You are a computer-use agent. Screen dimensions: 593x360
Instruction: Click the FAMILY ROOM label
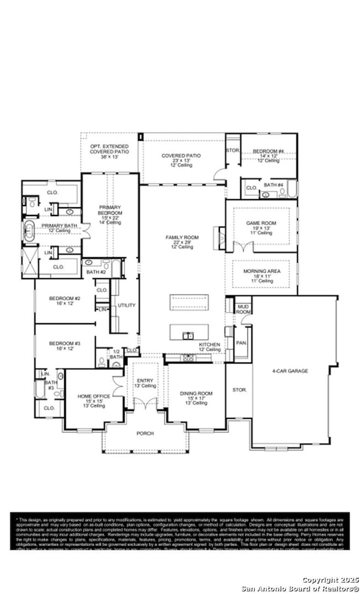tap(182, 237)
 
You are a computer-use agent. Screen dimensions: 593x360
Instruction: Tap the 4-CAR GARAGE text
tap(290, 371)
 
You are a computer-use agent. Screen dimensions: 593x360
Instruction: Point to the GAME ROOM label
tap(261, 223)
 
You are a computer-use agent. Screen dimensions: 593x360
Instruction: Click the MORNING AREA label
tap(262, 271)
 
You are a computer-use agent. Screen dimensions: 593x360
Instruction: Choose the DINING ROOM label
tap(193, 393)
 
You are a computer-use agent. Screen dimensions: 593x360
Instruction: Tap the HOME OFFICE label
tap(94, 396)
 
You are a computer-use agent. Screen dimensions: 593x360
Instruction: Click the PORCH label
tap(145, 433)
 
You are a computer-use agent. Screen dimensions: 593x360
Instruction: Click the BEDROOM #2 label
tap(64, 299)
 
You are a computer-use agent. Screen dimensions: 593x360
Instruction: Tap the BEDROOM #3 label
tap(64, 344)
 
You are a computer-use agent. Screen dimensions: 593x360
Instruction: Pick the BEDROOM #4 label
tap(268, 151)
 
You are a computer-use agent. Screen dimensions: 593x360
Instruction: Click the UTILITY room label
tap(126, 305)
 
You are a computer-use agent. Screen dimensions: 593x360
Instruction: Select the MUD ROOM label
tap(243, 309)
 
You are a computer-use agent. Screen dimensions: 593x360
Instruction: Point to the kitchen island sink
tap(189, 335)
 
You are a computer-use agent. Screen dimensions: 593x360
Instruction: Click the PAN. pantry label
tap(241, 343)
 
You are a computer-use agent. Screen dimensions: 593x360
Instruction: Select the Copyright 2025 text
tap(327, 580)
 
